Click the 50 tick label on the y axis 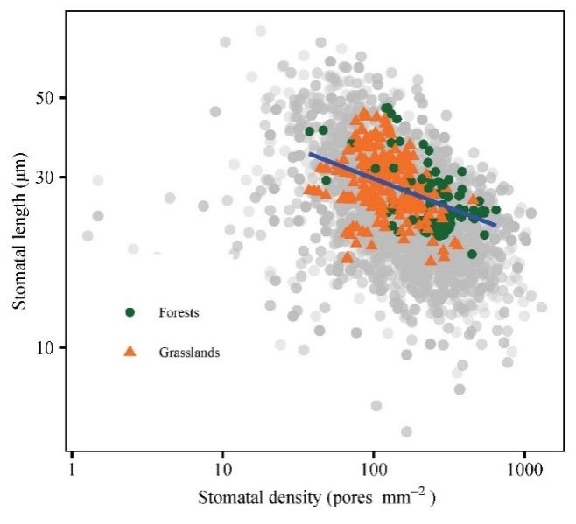pos(46,96)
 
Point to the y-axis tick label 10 pos(46,347)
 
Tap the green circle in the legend pos(130,311)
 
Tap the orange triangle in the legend pos(130,352)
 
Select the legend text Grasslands pos(189,353)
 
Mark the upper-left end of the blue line pos(310,154)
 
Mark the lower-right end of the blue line pos(496,226)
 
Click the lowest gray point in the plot pos(406,431)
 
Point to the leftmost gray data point pos(88,235)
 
